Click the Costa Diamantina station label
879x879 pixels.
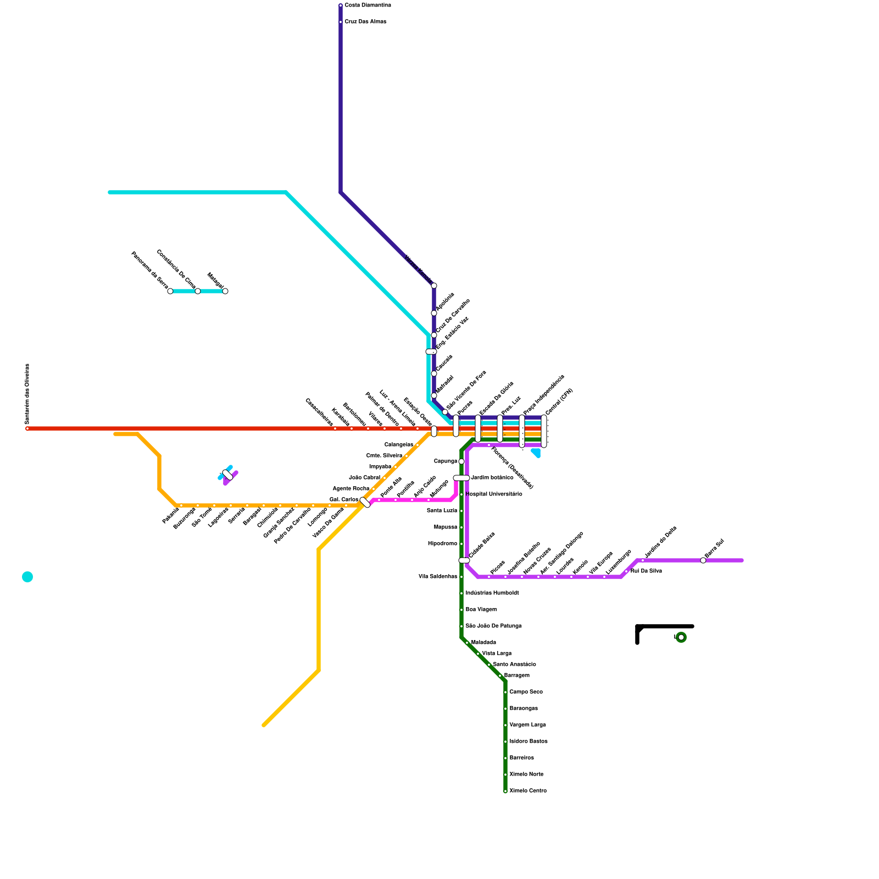pyautogui.click(x=368, y=5)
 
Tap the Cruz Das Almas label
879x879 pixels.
pyautogui.click(x=365, y=22)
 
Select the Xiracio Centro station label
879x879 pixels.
pyautogui.click(x=527, y=791)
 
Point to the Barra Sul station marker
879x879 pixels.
pyautogui.click(x=703, y=560)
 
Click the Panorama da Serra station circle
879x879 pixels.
pyautogui.click(x=170, y=291)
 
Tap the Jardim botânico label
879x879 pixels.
pyautogui.click(x=492, y=478)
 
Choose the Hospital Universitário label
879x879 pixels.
pyautogui.click(x=493, y=494)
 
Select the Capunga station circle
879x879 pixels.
pyautogui.click(x=461, y=461)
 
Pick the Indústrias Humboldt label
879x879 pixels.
pyautogui.click(x=492, y=593)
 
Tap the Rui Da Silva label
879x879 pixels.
pyautogui.click(x=646, y=571)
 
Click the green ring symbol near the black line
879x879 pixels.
pyautogui.click(x=681, y=637)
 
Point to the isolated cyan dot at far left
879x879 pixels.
pyautogui.click(x=27, y=577)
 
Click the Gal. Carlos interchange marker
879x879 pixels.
pyautogui.click(x=365, y=502)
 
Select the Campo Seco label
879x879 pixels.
pyautogui.click(x=526, y=692)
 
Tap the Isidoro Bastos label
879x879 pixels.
pyautogui.click(x=528, y=742)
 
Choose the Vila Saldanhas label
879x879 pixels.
pyautogui.click(x=438, y=577)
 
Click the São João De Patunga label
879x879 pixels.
pyautogui.click(x=493, y=626)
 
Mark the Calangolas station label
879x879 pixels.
pyautogui.click(x=399, y=445)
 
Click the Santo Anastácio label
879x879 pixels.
pyautogui.click(x=514, y=665)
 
